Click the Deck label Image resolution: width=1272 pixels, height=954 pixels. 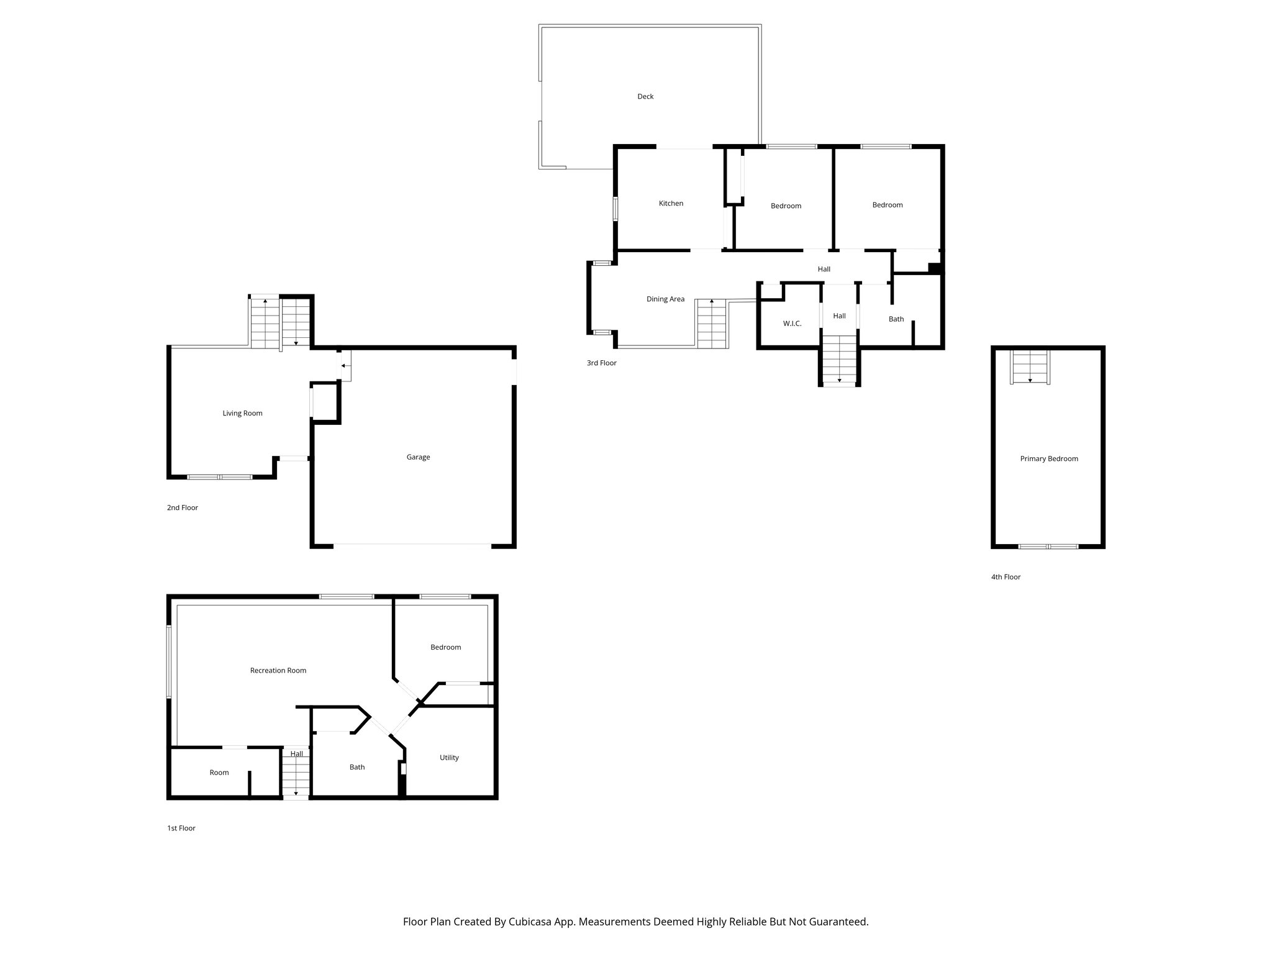pyautogui.click(x=645, y=96)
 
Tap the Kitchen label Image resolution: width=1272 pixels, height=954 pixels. pyautogui.click(x=671, y=203)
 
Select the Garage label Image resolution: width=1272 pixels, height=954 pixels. pyautogui.click(x=418, y=457)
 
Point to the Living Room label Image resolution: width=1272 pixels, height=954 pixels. pyautogui.click(x=242, y=413)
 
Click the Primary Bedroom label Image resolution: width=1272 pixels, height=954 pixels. pyautogui.click(x=1048, y=459)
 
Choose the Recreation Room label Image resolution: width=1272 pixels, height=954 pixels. pyautogui.click(x=278, y=670)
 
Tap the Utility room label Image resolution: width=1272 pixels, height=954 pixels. pyautogui.click(x=449, y=758)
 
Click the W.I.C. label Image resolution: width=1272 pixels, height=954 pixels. pyautogui.click(x=792, y=324)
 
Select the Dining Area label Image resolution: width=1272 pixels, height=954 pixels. pyautogui.click(x=665, y=299)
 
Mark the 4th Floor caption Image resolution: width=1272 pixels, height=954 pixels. pyautogui.click(x=1006, y=577)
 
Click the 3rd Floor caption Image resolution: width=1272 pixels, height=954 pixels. pyautogui.click(x=601, y=363)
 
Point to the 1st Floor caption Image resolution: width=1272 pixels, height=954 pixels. pyautogui.click(x=181, y=828)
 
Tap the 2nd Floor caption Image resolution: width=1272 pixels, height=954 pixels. pyautogui.click(x=182, y=507)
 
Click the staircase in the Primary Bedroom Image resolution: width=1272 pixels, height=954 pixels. pyautogui.click(x=1030, y=368)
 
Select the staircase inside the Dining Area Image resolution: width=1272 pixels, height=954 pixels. pyautogui.click(x=711, y=324)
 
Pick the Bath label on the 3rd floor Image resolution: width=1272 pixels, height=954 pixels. pyautogui.click(x=896, y=319)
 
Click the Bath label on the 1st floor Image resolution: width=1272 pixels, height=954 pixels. pyautogui.click(x=357, y=767)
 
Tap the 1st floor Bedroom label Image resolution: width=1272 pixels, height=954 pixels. pyautogui.click(x=445, y=647)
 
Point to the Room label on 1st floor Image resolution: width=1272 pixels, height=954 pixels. pyautogui.click(x=219, y=773)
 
